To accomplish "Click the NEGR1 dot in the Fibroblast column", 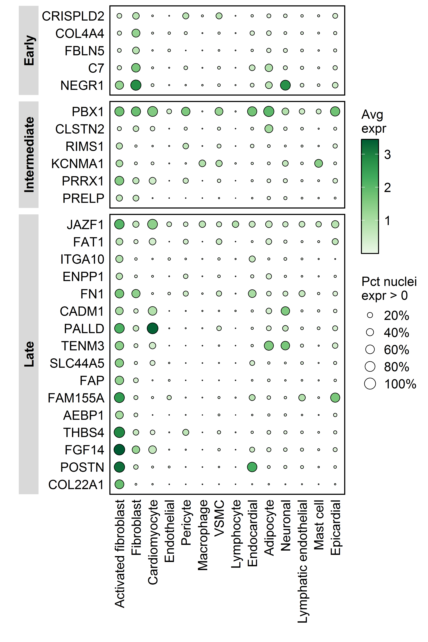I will pyautogui.click(x=136, y=85).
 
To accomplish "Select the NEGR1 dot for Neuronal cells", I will pyautogui.click(x=285, y=85).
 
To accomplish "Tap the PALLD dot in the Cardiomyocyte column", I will pyautogui.click(x=153, y=328).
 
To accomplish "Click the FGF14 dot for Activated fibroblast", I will pyautogui.click(x=119, y=450).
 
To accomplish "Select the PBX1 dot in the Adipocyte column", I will pyautogui.click(x=269, y=111).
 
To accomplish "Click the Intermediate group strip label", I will pyautogui.click(x=29, y=154).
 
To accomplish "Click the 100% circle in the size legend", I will pyautogui.click(x=370, y=384).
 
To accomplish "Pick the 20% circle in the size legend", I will pyautogui.click(x=370, y=315).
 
